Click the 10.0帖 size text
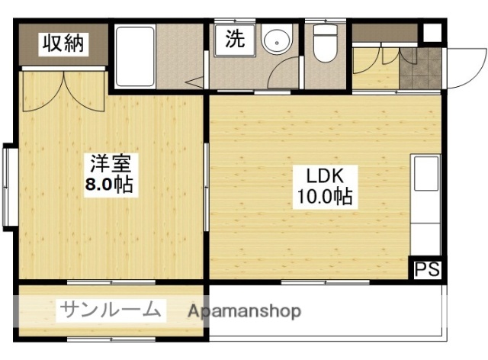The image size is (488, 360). pos(324,197)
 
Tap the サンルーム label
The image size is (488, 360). pos(111,309)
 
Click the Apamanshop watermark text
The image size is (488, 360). pos(244,311)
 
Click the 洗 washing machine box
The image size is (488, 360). pos(233,40)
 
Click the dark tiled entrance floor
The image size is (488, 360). pos(419,71)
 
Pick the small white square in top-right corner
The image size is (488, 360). pos(432,34)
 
